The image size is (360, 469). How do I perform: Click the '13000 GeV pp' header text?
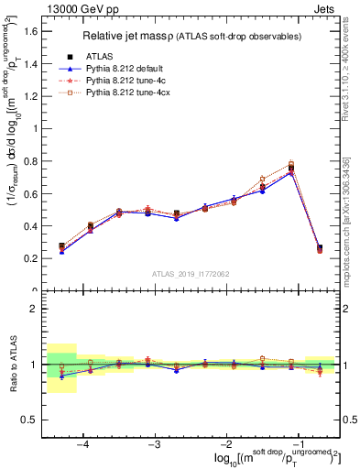[x=77, y=7]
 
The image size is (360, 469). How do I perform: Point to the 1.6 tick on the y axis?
[x=30, y=31]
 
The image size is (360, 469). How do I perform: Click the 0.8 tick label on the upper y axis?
[x=30, y=161]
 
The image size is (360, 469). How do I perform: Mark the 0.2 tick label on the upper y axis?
[x=30, y=258]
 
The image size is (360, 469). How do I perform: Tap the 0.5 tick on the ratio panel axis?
[x=30, y=420]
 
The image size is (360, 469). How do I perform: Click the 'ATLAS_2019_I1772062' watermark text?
[x=191, y=274]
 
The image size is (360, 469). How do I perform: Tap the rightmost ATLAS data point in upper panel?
[x=320, y=247]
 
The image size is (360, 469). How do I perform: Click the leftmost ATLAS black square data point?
[x=61, y=246]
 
